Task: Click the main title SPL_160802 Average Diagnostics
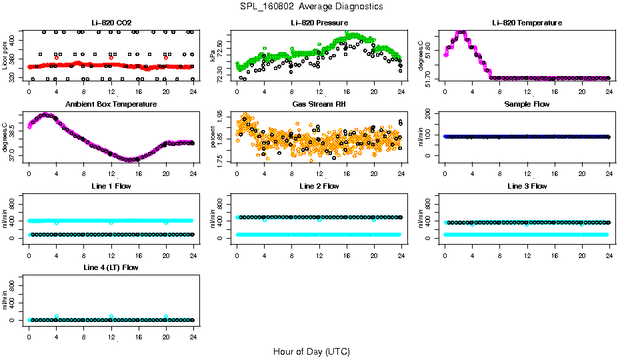(311, 6)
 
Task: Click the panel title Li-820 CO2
(111, 23)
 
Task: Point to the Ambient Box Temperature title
(111, 105)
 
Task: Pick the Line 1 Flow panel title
(111, 187)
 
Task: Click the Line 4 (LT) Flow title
(111, 268)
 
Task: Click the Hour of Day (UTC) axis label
(311, 351)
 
